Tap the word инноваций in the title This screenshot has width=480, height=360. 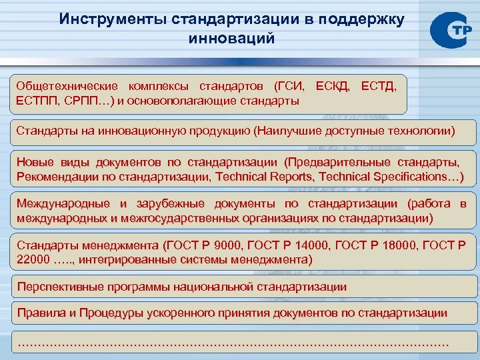pyautogui.click(x=232, y=38)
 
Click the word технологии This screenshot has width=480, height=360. pyautogui.click(x=419, y=131)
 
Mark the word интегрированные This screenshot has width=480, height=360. pyautogui.click(x=125, y=259)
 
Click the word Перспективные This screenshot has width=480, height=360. pyautogui.click(x=57, y=287)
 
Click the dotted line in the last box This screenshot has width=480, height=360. pyautogui.click(x=232, y=343)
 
